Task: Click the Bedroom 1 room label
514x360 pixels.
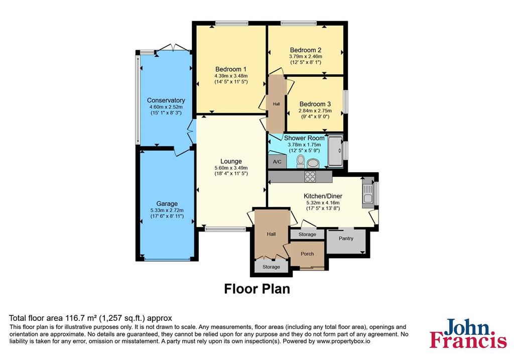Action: pyautogui.click(x=231, y=69)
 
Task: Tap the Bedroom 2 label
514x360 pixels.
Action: pyautogui.click(x=306, y=50)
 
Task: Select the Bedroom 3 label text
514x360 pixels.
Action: pyautogui.click(x=315, y=104)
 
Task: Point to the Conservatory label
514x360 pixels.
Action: pyautogui.click(x=166, y=100)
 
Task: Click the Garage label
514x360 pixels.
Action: pyautogui.click(x=167, y=204)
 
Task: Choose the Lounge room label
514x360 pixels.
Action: pyautogui.click(x=231, y=161)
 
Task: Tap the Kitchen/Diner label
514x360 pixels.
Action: pyautogui.click(x=323, y=196)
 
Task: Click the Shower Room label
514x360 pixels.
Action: pyautogui.click(x=304, y=138)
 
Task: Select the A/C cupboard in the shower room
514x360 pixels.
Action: pyautogui.click(x=277, y=161)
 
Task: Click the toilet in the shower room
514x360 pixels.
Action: pyautogui.click(x=300, y=162)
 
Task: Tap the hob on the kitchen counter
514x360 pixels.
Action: pyautogui.click(x=310, y=176)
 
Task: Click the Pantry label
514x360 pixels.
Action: pyautogui.click(x=346, y=238)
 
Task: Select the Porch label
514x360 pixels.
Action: pyautogui.click(x=307, y=254)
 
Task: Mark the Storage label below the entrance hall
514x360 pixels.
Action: pyautogui.click(x=271, y=267)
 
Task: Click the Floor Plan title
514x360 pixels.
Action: pyautogui.click(x=257, y=289)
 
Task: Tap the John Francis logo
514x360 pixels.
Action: pyautogui.click(x=468, y=333)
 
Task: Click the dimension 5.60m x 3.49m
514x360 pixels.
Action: pyautogui.click(x=231, y=168)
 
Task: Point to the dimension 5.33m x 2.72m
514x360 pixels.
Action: pyautogui.click(x=167, y=210)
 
